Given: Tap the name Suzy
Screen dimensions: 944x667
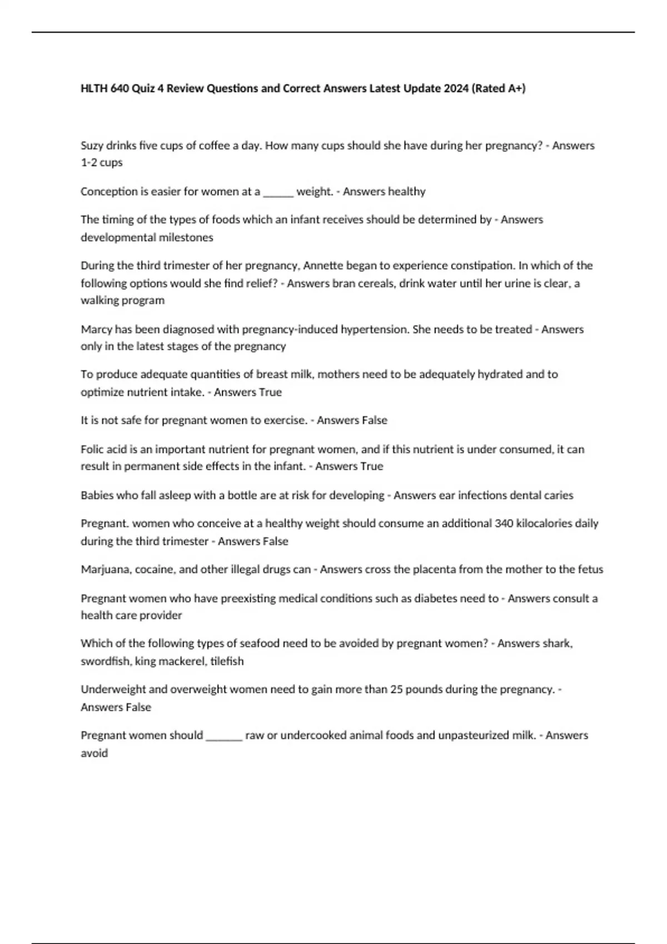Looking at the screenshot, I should click(x=92, y=146).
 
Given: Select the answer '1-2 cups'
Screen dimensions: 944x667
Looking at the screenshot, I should click(x=102, y=163).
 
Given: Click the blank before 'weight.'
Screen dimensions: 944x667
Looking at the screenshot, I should click(x=278, y=192).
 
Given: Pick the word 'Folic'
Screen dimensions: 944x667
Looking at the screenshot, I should click(x=92, y=449).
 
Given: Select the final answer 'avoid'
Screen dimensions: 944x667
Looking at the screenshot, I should click(x=94, y=754).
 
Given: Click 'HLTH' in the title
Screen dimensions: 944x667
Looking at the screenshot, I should click(x=94, y=88).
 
